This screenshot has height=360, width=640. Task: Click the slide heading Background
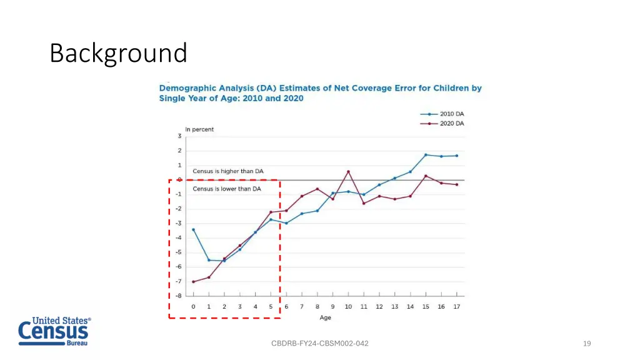pyautogui.click(x=118, y=53)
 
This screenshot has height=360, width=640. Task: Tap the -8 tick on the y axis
pyautogui.click(x=179, y=296)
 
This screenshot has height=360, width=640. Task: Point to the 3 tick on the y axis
pyautogui.click(x=179, y=136)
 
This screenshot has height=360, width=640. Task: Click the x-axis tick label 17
pyautogui.click(x=457, y=307)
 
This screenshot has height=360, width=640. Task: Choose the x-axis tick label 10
pyautogui.click(x=348, y=307)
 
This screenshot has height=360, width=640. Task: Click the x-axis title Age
pyautogui.click(x=325, y=318)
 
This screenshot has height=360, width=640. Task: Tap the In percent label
pyautogui.click(x=199, y=129)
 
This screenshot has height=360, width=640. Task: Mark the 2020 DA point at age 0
pyautogui.click(x=193, y=282)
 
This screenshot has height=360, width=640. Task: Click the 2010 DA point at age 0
pyautogui.click(x=193, y=229)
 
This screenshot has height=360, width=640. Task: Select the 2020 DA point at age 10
pyautogui.click(x=348, y=171)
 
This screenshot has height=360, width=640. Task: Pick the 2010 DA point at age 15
pyautogui.click(x=426, y=154)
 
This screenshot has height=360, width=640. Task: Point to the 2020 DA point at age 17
pyautogui.click(x=457, y=184)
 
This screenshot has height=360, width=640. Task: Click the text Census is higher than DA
pyautogui.click(x=227, y=171)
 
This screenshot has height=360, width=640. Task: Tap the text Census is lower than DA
pyautogui.click(x=226, y=189)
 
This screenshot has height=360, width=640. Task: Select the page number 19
pyautogui.click(x=586, y=343)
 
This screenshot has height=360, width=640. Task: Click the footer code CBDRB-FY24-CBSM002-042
pyautogui.click(x=320, y=343)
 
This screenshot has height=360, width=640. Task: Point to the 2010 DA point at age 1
pyautogui.click(x=209, y=260)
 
